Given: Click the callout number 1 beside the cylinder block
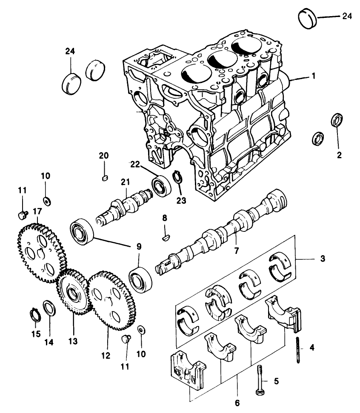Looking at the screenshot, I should pos(313,77).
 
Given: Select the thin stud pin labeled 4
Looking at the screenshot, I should pos(298,349).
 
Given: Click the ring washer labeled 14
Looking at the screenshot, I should pos(48,308).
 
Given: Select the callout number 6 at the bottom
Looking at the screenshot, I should pos(237,402).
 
